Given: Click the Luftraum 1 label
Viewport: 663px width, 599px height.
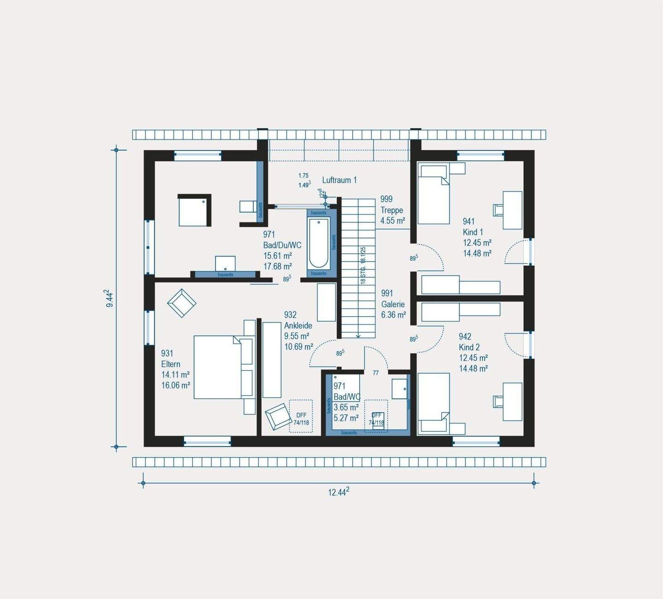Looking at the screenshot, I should pyautogui.click(x=339, y=180).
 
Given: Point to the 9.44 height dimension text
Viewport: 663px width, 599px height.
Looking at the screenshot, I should pyautogui.click(x=109, y=298).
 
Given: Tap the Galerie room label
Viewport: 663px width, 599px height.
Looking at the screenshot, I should pyautogui.click(x=393, y=304).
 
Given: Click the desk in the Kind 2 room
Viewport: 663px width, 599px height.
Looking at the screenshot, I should pyautogui.click(x=512, y=401).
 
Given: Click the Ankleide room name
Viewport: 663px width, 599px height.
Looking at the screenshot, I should pyautogui.click(x=298, y=326).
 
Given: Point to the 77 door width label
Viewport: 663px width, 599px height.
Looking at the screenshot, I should pyautogui.click(x=376, y=373).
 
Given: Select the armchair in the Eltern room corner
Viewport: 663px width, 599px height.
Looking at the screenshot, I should pyautogui.click(x=182, y=302).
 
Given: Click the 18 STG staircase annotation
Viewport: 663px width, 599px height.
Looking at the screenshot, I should pyautogui.click(x=363, y=265).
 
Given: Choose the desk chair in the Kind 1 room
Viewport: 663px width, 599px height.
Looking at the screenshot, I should pyautogui.click(x=498, y=210).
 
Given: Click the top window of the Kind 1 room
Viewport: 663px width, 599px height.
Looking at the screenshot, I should pyautogui.click(x=481, y=156).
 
